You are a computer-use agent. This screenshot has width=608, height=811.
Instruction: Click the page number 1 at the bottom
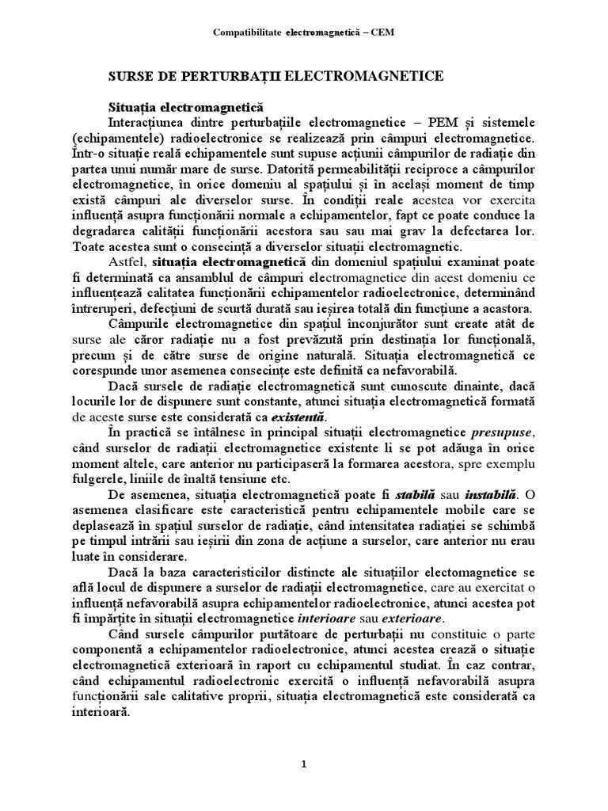click(304, 765)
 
